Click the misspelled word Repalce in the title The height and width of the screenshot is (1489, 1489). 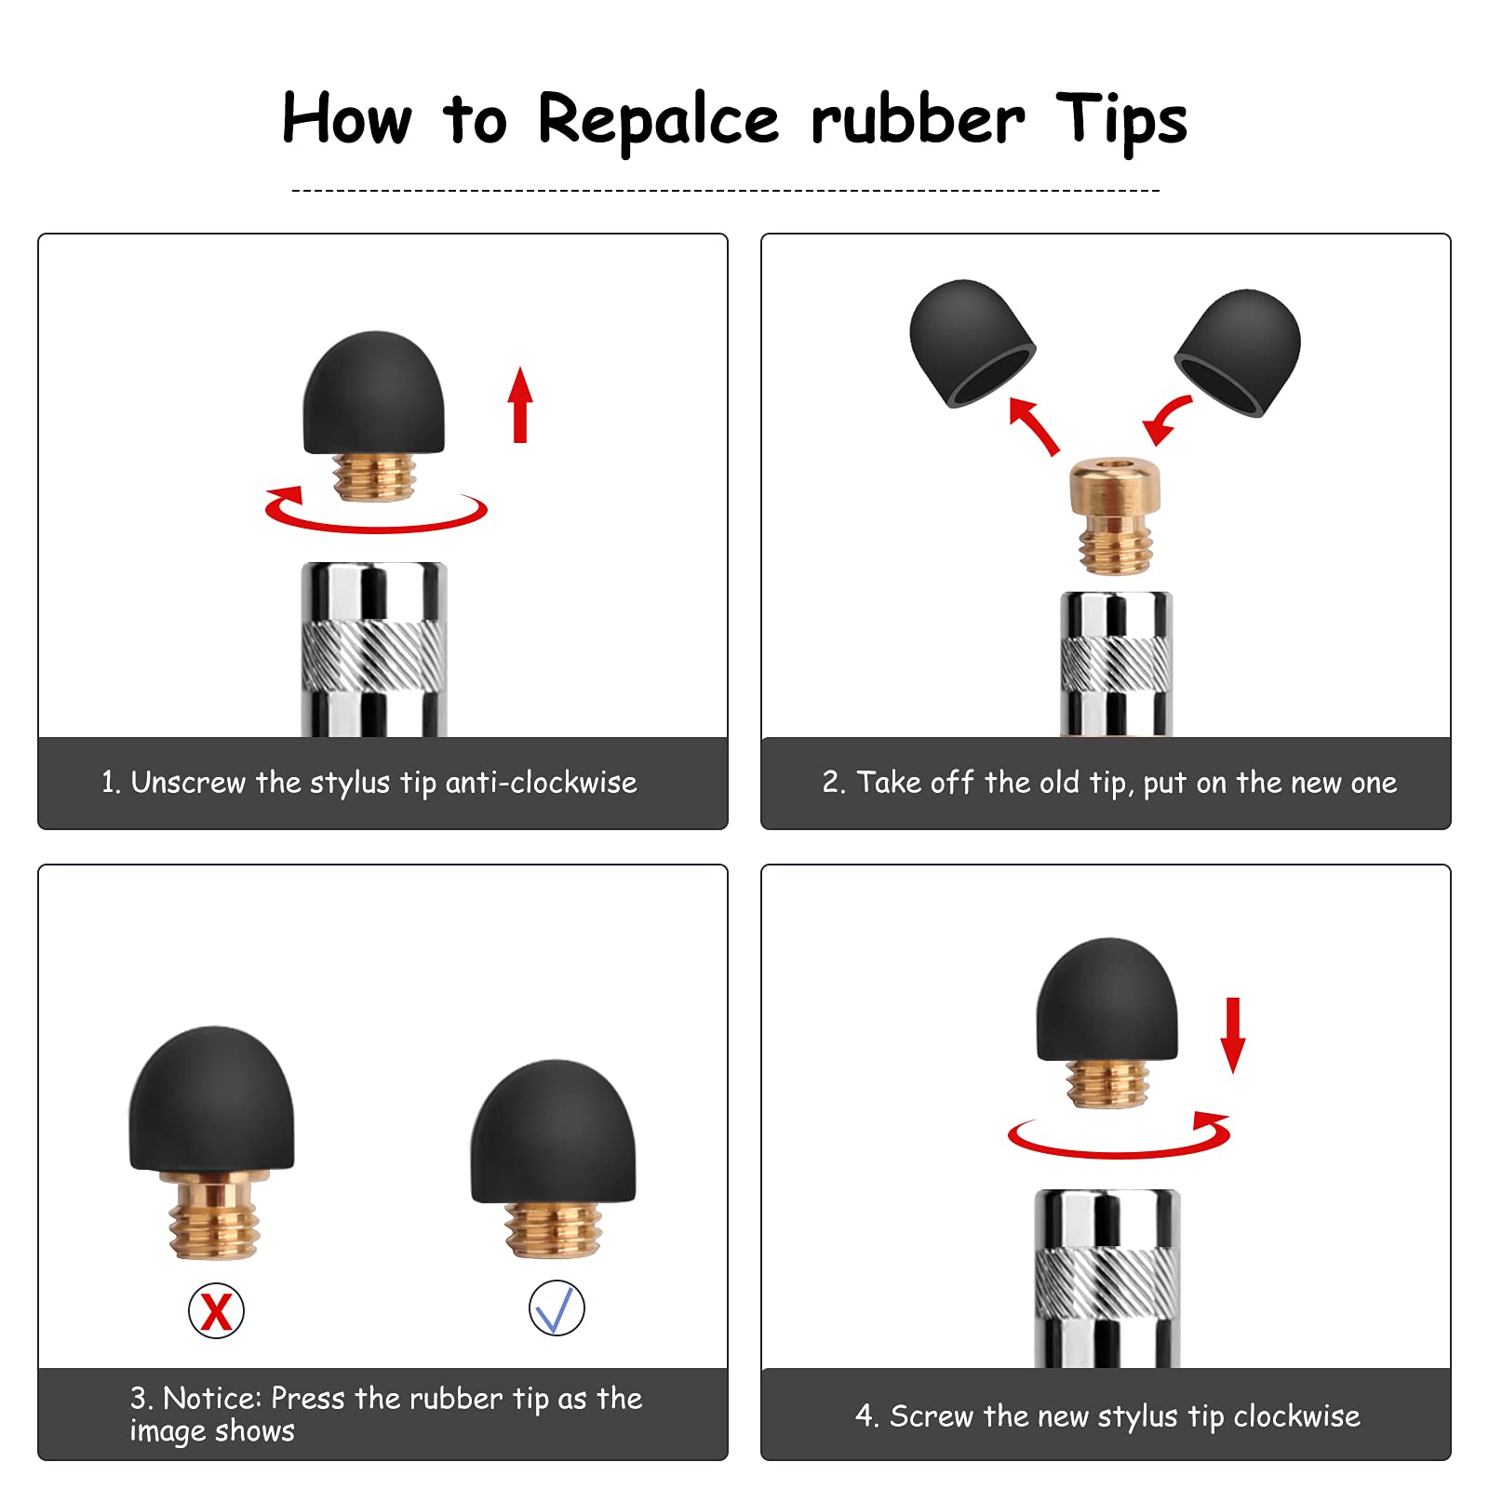[x=658, y=120]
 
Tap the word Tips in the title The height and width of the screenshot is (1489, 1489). [x=1121, y=120]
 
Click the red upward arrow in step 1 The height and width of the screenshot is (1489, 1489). [x=520, y=405]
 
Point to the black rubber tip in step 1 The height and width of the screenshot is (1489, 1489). [x=374, y=393]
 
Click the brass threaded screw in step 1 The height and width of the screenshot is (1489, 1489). [x=374, y=477]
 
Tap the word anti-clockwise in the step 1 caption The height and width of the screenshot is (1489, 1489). [x=541, y=783]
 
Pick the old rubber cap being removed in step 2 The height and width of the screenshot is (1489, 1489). [x=972, y=342]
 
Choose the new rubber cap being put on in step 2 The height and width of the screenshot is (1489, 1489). [x=1238, y=352]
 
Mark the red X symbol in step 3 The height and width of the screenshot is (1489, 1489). [x=216, y=1311]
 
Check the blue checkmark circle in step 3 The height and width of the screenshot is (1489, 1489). [x=557, y=1308]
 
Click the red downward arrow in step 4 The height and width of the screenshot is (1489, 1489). [x=1233, y=1036]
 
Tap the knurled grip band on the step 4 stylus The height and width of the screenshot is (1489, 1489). [x=1107, y=1283]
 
